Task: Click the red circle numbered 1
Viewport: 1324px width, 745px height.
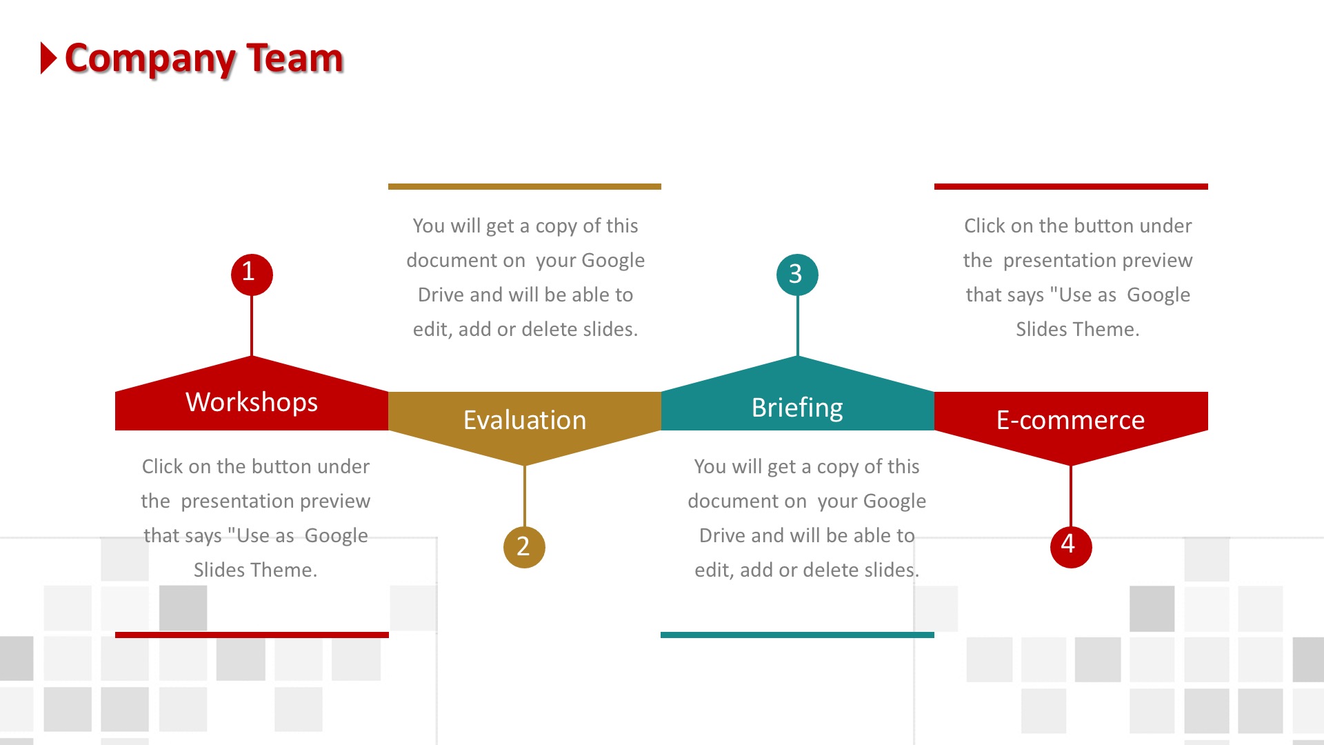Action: point(252,275)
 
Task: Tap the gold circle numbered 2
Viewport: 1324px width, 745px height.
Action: point(524,547)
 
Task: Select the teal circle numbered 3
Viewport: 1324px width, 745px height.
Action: point(797,275)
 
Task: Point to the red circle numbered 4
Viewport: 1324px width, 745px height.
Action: point(1071,547)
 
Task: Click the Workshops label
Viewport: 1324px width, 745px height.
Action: point(252,402)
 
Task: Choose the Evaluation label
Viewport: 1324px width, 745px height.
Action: point(525,420)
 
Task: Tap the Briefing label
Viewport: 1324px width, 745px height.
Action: point(797,408)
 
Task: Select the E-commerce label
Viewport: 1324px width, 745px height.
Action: point(1071,420)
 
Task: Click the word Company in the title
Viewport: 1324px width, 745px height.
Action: point(150,59)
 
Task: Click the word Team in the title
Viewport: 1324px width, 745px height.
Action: point(295,58)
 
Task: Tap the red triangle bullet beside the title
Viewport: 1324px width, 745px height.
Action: point(48,58)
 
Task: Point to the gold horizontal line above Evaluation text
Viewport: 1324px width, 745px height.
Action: point(525,186)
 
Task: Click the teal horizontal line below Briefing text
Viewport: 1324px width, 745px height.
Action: point(797,635)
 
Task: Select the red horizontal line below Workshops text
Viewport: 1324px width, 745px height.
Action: point(252,635)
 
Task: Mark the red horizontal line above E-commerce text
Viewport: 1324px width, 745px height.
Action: point(1071,186)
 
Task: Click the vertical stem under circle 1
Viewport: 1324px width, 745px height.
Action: point(252,326)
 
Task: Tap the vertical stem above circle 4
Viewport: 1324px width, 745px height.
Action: point(1071,496)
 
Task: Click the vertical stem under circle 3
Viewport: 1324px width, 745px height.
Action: point(797,326)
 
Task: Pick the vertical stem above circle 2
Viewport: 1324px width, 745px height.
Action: point(525,496)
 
